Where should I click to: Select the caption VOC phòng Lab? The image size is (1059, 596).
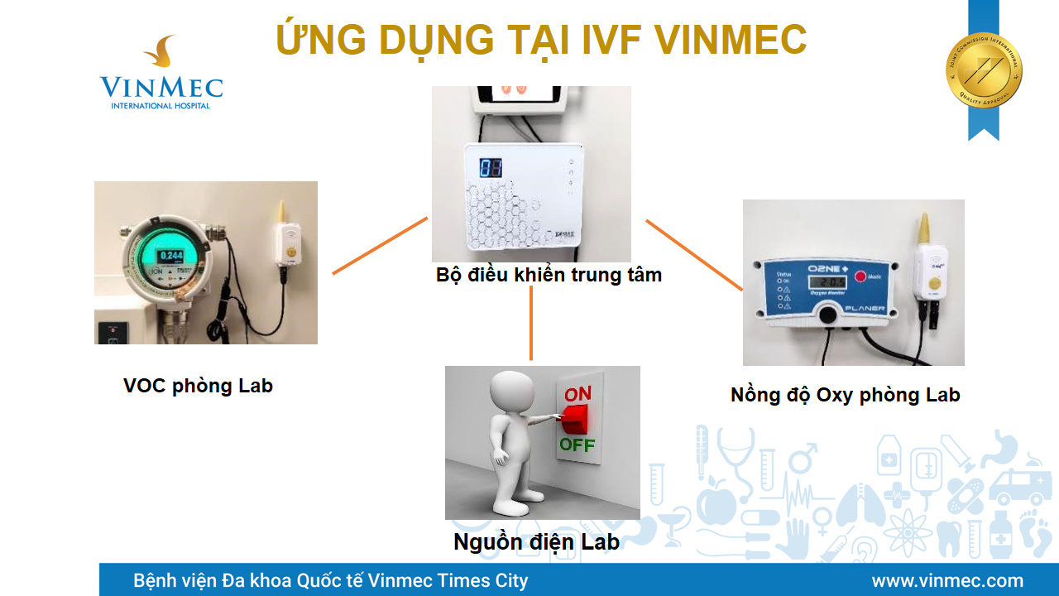[198, 386]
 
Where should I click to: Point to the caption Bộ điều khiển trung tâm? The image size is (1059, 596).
[549, 275]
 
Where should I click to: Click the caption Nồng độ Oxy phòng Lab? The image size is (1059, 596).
[845, 395]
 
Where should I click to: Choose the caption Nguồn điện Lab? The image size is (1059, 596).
[536, 542]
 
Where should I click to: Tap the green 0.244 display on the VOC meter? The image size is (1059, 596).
[171, 255]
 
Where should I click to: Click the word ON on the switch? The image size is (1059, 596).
[577, 395]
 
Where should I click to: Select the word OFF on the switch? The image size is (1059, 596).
[577, 445]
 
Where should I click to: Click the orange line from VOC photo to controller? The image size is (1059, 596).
[380, 246]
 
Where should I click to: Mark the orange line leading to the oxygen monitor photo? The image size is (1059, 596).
[694, 255]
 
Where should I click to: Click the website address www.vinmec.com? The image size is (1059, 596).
[947, 580]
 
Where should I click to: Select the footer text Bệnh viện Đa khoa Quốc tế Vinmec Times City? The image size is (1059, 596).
[330, 580]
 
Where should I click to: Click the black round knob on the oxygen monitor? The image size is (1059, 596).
[827, 314]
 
